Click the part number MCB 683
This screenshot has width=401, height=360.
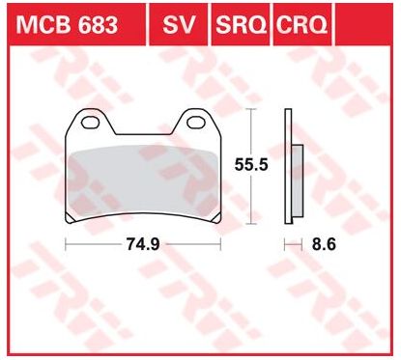[x=67, y=24]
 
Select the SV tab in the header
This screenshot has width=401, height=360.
[x=179, y=24]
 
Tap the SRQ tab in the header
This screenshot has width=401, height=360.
[x=241, y=24]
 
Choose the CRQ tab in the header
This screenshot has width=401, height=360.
[x=301, y=24]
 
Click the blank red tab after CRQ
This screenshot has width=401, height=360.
[x=364, y=24]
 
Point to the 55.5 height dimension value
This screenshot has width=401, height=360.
[x=251, y=165]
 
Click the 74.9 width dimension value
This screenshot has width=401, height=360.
[x=143, y=244]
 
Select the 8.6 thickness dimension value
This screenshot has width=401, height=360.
[x=324, y=244]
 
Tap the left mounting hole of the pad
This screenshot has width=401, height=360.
[x=90, y=122]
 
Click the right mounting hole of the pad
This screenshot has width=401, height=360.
[x=195, y=122]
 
